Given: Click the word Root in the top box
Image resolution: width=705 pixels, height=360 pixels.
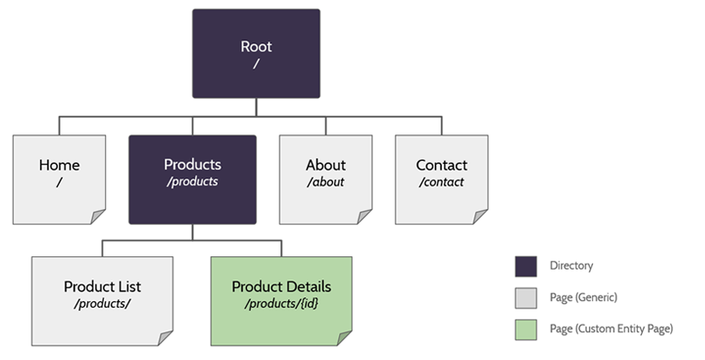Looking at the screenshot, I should (x=255, y=46).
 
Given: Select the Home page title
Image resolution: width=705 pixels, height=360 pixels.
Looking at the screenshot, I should (x=59, y=165).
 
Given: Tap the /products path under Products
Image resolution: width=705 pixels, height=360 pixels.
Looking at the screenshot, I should (x=192, y=182).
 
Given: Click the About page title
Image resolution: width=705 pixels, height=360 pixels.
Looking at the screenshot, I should (x=325, y=165).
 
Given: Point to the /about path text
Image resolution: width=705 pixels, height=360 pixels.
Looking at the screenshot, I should (x=325, y=182).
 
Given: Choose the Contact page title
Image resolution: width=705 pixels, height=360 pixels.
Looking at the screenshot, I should (x=441, y=165).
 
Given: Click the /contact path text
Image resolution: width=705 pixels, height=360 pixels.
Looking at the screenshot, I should (x=441, y=182).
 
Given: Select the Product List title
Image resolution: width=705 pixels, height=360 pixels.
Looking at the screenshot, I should (x=102, y=286).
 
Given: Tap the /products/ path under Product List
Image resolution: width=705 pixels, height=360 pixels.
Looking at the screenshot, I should (x=102, y=303).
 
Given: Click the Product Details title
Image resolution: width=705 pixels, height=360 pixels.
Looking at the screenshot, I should (x=281, y=286).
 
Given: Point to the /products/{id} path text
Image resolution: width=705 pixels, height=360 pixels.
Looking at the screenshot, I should (x=281, y=303).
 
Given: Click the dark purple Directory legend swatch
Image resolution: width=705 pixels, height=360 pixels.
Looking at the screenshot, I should (x=526, y=266).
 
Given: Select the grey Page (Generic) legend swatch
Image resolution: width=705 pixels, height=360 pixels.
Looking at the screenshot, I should (x=526, y=297).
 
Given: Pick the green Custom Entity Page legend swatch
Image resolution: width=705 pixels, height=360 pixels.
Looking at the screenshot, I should (x=526, y=328).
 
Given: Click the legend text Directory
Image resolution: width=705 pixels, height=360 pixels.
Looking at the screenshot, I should (x=571, y=266).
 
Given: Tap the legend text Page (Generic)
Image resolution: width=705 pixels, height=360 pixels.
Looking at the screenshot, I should (x=583, y=297).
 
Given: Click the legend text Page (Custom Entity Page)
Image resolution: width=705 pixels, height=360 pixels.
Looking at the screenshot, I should (x=611, y=328).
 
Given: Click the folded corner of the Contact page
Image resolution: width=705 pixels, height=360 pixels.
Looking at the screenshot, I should (x=480, y=216).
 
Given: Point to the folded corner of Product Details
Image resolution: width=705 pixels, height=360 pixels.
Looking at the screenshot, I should (x=344, y=338).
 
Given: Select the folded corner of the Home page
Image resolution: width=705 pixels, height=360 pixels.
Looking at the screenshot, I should (x=98, y=216).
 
